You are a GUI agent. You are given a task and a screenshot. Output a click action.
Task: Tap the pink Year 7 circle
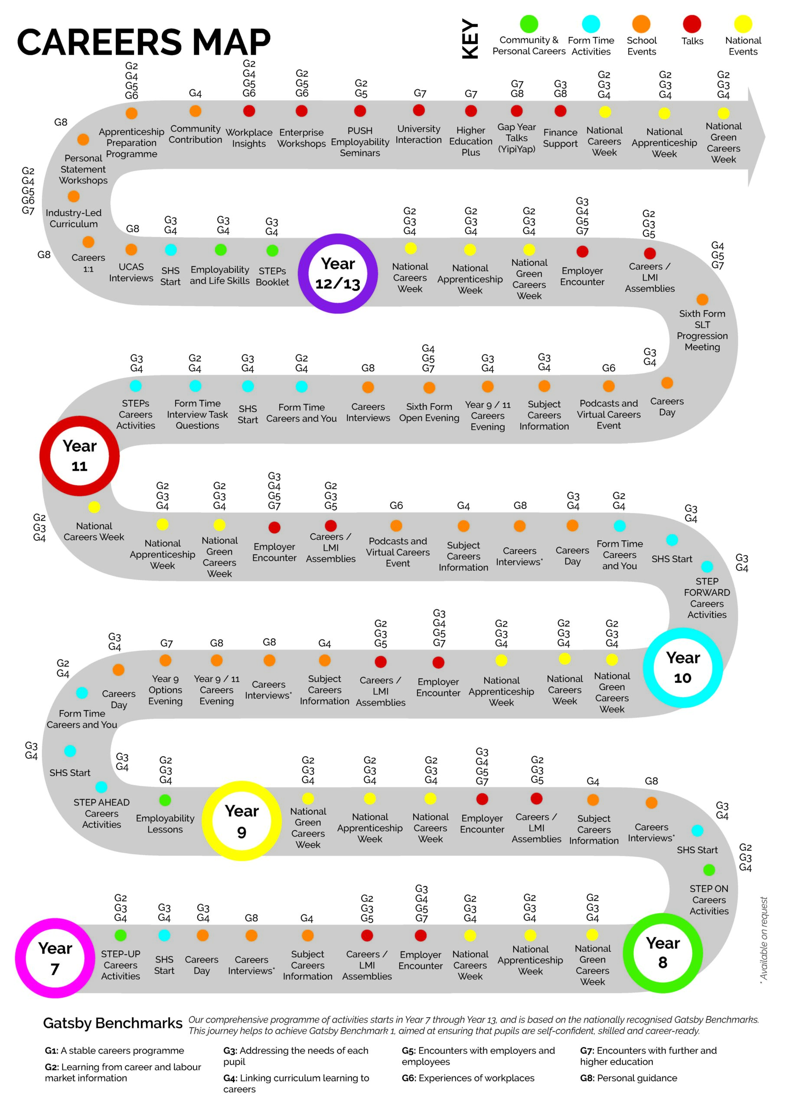tap(55, 958)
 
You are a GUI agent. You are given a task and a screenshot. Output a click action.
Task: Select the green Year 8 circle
tap(662, 953)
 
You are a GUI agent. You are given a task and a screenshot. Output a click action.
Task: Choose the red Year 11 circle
tap(79, 456)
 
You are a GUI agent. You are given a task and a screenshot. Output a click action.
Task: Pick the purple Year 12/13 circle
tap(338, 274)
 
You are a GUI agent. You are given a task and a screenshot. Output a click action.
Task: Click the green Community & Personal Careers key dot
tap(529, 24)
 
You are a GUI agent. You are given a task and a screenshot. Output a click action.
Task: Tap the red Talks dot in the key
tap(692, 24)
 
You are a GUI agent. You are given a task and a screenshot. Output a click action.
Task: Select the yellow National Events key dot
tap(743, 24)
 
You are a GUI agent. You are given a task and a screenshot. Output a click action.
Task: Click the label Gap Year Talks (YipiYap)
tap(516, 138)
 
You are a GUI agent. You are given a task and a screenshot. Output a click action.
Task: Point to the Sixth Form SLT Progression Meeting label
tap(702, 330)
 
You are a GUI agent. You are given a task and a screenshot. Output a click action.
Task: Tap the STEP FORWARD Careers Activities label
tap(707, 598)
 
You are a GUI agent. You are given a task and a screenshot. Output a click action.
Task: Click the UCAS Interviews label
tap(131, 273)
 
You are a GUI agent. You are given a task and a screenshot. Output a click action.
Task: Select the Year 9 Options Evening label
tap(166, 690)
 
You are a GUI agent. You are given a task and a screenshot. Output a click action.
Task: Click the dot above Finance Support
tap(561, 111)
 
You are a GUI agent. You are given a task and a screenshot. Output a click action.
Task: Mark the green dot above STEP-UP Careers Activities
tap(121, 935)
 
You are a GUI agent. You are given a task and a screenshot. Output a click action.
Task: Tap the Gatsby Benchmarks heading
tap(113, 1023)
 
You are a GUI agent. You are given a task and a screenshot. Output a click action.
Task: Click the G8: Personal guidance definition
tap(628, 1078)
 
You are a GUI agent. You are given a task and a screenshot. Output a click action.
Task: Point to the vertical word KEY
tap(470, 39)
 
